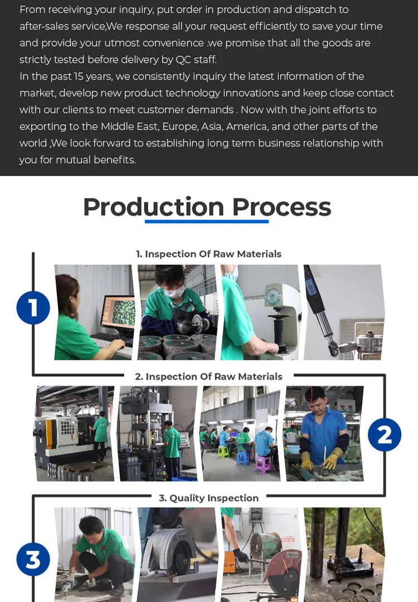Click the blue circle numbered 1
tap(33, 307)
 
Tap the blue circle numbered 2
tap(384, 434)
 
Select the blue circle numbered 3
tap(33, 559)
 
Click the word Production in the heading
tap(153, 207)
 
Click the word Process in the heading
tap(281, 207)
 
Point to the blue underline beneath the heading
tap(207, 222)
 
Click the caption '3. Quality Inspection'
tap(208, 498)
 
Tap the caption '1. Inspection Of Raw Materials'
tap(208, 254)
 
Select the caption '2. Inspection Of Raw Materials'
tap(208, 376)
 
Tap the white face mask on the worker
tap(174, 292)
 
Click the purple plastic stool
tap(264, 464)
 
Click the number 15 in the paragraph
tap(79, 76)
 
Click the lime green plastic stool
tap(223, 452)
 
